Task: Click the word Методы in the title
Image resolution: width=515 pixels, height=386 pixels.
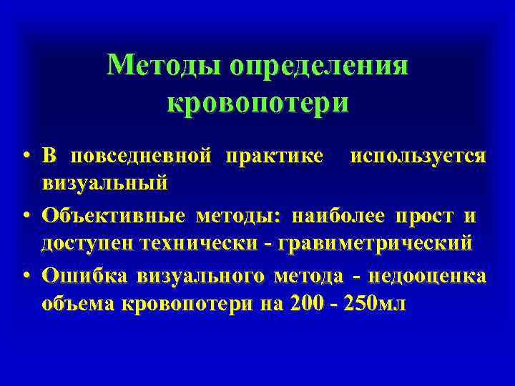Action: pos(164,67)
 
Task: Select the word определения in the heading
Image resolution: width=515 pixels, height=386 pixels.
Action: pos(319,67)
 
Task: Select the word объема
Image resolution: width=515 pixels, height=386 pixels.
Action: pos(79,303)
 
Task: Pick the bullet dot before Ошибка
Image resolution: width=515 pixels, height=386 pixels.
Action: pos(26,274)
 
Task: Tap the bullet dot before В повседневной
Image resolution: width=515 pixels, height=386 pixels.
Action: pos(26,156)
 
